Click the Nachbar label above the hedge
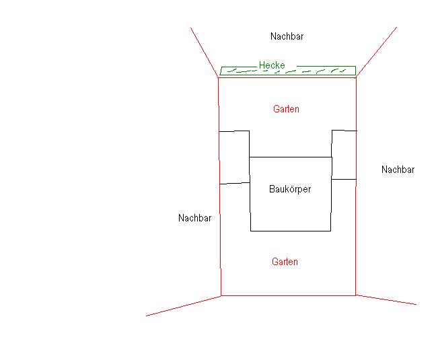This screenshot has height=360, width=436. point(287,36)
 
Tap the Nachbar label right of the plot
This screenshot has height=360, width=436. point(398,170)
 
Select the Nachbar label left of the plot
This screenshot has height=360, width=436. point(194,218)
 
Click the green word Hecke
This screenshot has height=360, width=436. point(272,65)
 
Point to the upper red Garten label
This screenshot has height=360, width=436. point(286,109)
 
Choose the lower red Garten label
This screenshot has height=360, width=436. point(285,262)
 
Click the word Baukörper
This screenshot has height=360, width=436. point(290,189)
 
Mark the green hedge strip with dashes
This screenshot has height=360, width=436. point(288,71)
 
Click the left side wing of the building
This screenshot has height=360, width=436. point(234,157)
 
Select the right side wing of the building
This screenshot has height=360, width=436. point(344,155)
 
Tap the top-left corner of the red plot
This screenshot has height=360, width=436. point(218,77)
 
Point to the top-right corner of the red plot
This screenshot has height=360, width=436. point(356,77)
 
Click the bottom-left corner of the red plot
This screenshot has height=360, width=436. point(221,296)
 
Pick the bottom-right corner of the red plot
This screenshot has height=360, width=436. point(356,295)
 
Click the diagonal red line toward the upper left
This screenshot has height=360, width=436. point(205,52)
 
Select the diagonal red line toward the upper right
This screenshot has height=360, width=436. point(377,52)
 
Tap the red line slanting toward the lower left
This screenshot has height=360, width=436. point(184,306)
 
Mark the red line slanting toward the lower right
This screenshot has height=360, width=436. point(386,300)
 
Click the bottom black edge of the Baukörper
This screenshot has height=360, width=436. point(291,231)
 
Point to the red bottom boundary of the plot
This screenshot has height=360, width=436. point(289,295)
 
